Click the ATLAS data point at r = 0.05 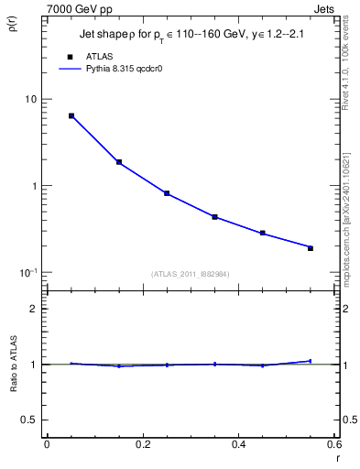pos(71,116)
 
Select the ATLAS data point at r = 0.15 pos(119,162)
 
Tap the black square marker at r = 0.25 pos(167,193)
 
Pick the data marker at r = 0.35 pos(214,217)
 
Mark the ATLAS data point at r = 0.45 pos(262,233)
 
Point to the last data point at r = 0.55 pos(310,248)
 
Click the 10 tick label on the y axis pos(30,99)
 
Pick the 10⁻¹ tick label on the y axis pos(27,272)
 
